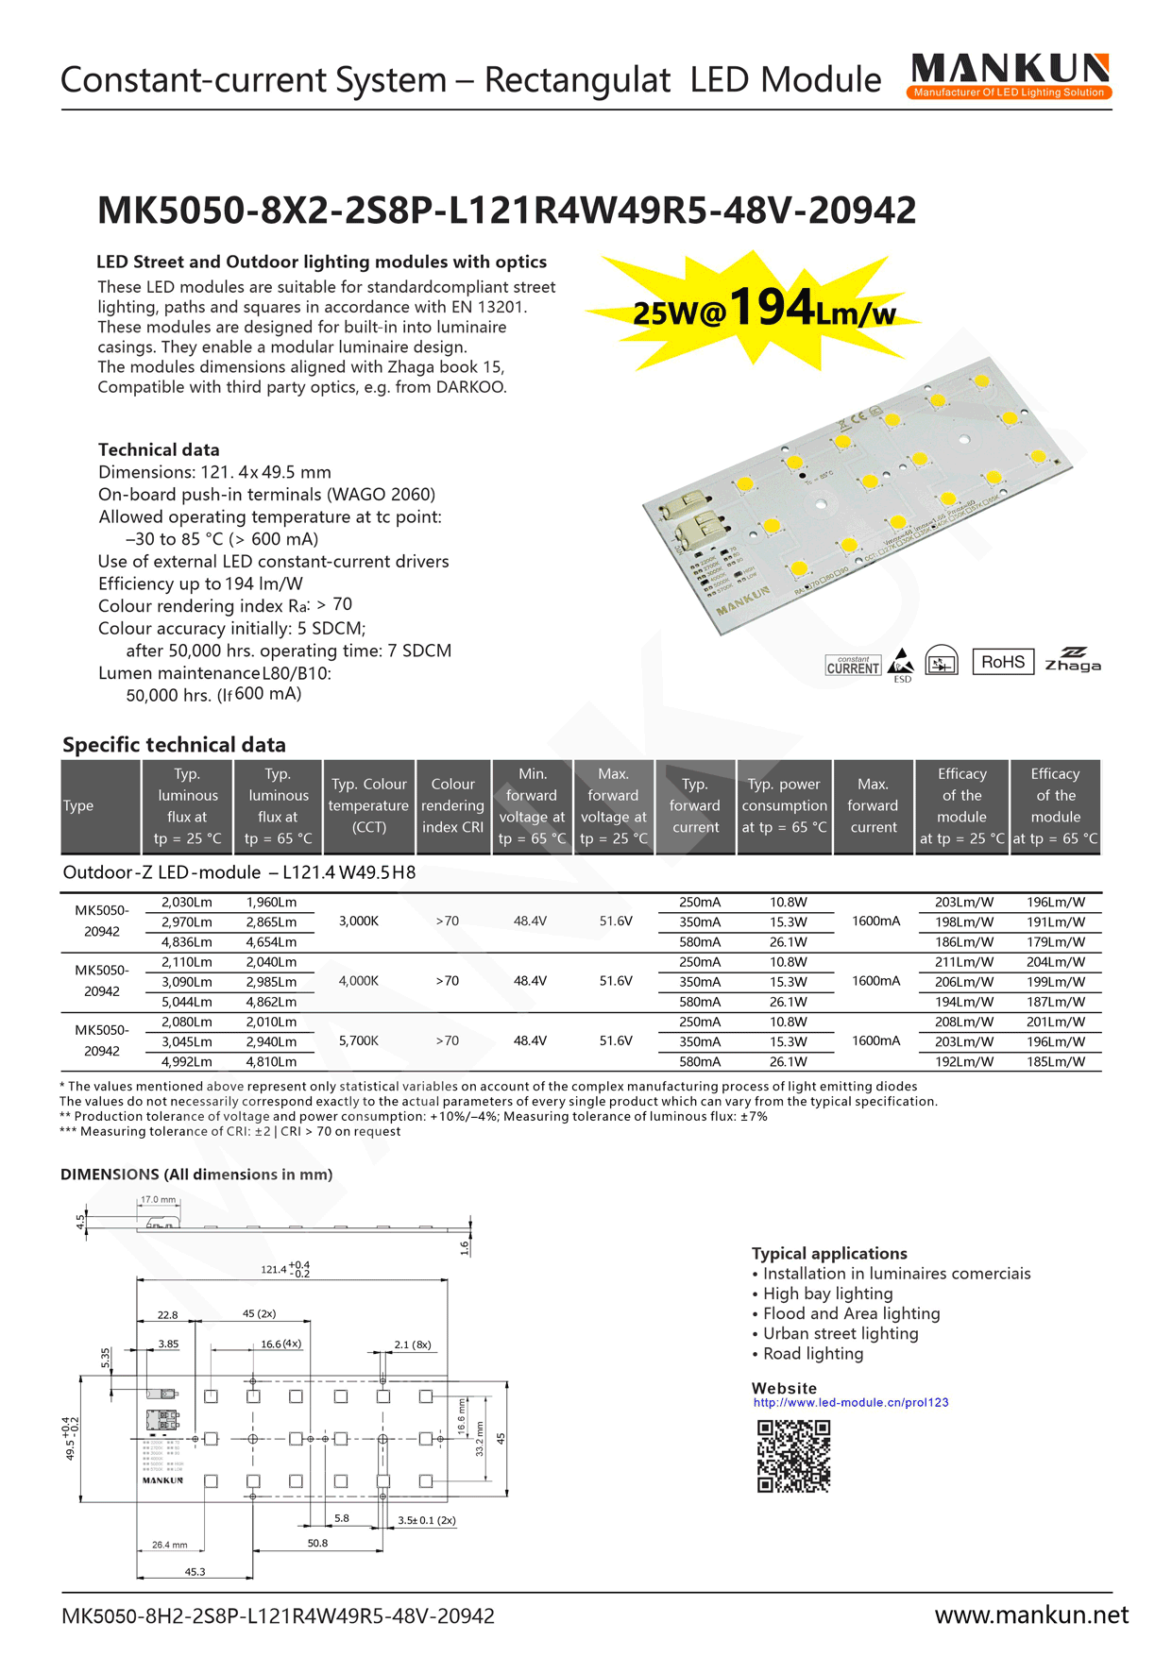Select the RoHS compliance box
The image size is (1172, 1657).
(x=1002, y=662)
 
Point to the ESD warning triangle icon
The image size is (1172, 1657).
(x=902, y=662)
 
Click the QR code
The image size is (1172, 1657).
(x=793, y=1456)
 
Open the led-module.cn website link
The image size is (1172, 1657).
(x=850, y=1402)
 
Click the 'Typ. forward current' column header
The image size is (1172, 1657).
(x=695, y=806)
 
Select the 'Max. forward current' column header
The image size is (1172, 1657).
(x=873, y=806)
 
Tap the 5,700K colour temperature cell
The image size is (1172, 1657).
(x=359, y=1040)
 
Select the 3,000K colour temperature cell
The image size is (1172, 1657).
(x=359, y=921)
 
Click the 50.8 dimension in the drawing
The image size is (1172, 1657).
(x=317, y=1543)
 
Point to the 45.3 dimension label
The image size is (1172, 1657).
(x=195, y=1572)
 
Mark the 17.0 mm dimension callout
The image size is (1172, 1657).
(x=158, y=1200)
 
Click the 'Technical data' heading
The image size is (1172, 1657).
(x=159, y=449)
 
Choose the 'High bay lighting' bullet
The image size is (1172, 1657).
(x=827, y=1293)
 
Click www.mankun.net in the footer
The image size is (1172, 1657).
(x=1031, y=1615)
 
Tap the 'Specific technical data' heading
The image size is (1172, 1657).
(x=174, y=744)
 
